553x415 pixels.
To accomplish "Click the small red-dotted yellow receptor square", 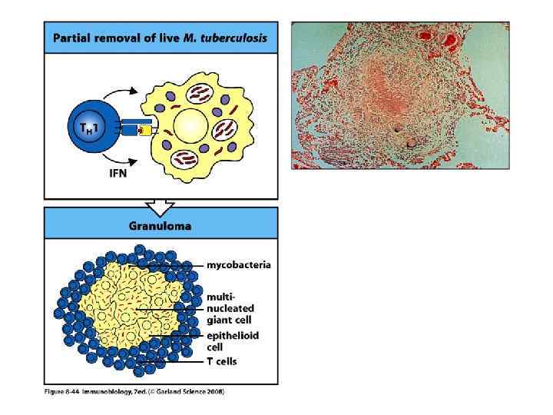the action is click(141, 131).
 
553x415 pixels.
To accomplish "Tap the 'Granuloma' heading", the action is click(160, 227).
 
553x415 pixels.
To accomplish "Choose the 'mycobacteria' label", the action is click(238, 265).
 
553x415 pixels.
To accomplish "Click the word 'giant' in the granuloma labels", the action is click(220, 320).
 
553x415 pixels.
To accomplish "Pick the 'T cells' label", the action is click(221, 361).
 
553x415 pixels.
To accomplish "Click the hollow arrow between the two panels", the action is click(160, 206).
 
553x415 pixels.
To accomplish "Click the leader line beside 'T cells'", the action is click(169, 361).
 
